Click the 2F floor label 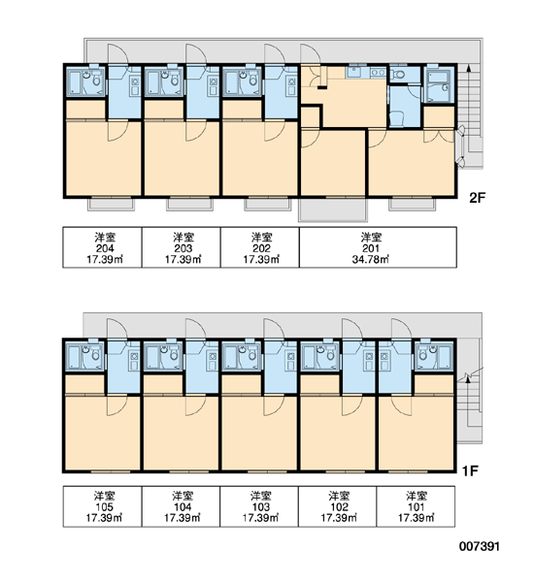[x=477, y=198]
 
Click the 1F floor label [x=470, y=471]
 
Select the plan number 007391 [x=480, y=546]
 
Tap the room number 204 [x=105, y=248]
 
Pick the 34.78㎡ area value [x=371, y=259]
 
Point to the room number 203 [x=184, y=248]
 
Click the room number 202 [x=261, y=248]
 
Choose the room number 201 [x=371, y=248]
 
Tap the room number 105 [x=105, y=507]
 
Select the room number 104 [x=183, y=507]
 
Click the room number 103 [x=261, y=507]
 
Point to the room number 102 [x=339, y=507]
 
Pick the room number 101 [x=417, y=507]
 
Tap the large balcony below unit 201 [x=333, y=209]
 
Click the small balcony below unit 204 [x=111, y=205]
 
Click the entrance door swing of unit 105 [x=117, y=329]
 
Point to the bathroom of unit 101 [x=434, y=356]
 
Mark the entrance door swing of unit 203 [x=196, y=54]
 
